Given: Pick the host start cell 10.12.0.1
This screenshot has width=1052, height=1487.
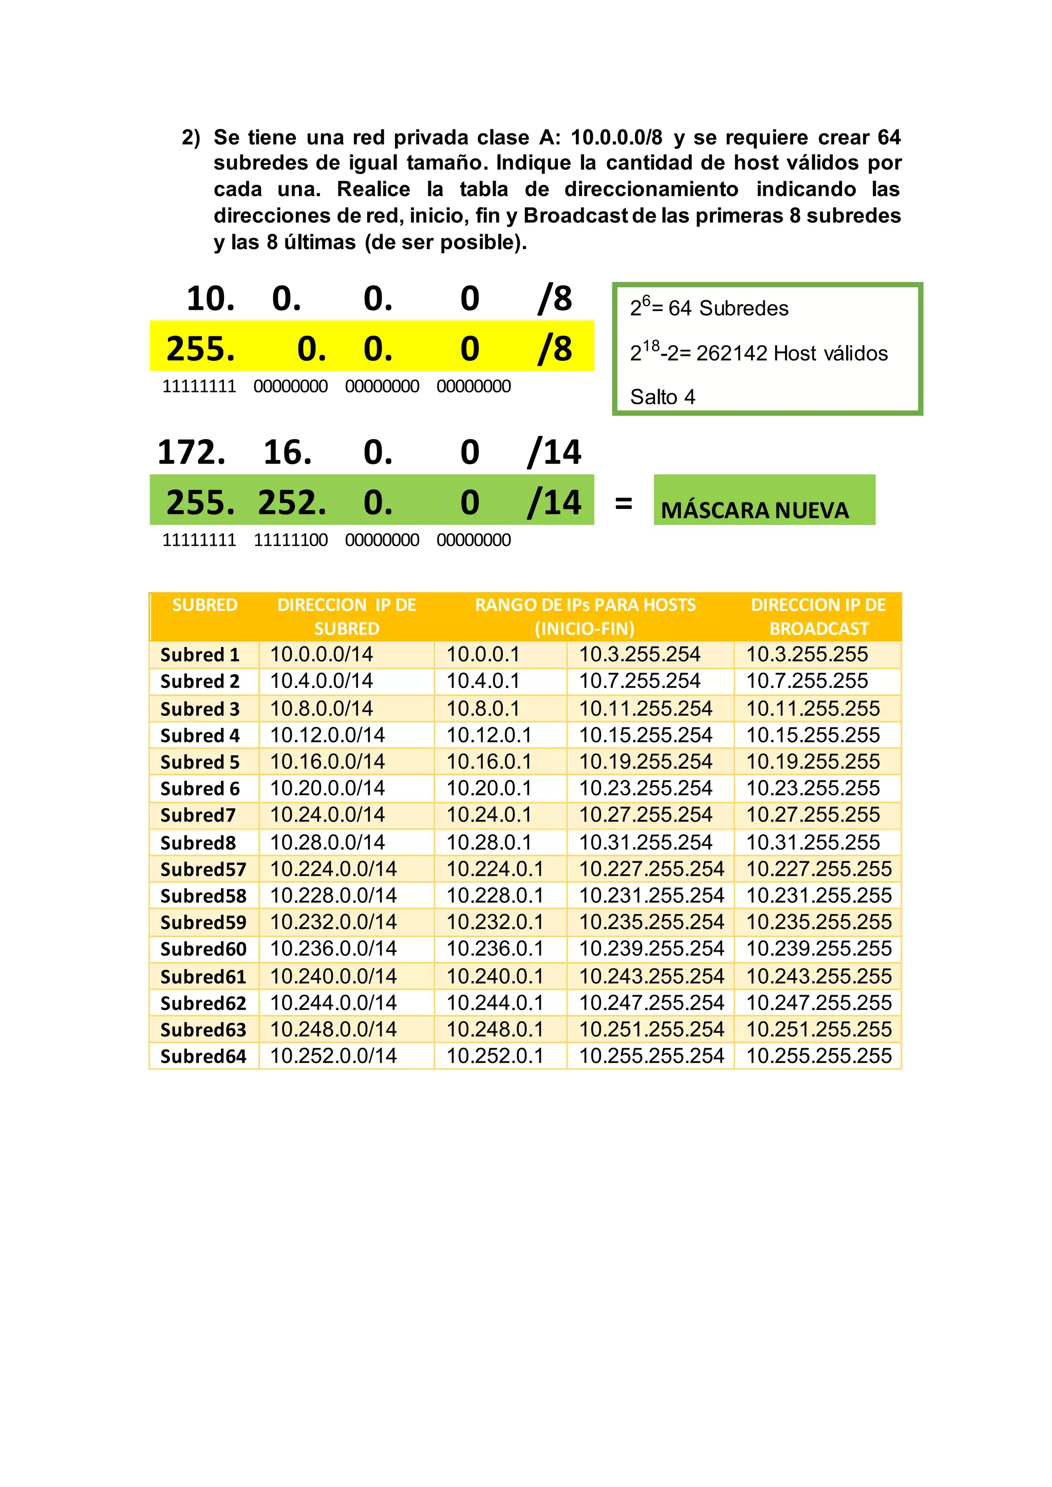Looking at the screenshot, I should (489, 735).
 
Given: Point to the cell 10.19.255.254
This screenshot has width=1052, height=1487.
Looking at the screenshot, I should (645, 761).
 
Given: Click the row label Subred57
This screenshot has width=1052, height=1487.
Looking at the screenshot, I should (203, 869).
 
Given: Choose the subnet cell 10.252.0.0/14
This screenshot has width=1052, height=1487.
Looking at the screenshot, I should (333, 1056).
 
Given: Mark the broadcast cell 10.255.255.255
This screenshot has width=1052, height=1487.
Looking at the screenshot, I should (819, 1056).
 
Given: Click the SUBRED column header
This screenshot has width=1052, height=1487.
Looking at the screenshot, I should (205, 605).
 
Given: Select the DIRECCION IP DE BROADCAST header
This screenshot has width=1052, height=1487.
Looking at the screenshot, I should (818, 617).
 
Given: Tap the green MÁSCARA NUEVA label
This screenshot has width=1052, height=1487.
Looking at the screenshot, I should (755, 510).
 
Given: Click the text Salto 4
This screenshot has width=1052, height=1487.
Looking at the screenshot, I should (662, 397).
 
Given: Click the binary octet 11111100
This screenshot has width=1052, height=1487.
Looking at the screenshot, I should (290, 540).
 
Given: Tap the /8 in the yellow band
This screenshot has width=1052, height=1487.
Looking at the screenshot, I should (555, 349).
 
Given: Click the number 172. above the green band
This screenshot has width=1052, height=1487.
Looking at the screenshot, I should (192, 452).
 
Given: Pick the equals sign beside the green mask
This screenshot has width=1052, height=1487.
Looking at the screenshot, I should (623, 503).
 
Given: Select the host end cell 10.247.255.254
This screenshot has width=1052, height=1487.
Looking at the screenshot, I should (651, 1003).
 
